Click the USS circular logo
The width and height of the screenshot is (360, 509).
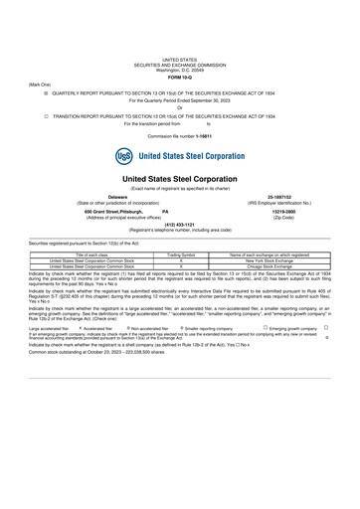[x=124, y=156]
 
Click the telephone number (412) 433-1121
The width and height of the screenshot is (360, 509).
[x=180, y=224]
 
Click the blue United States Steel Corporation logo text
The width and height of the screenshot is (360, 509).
[x=191, y=156]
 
